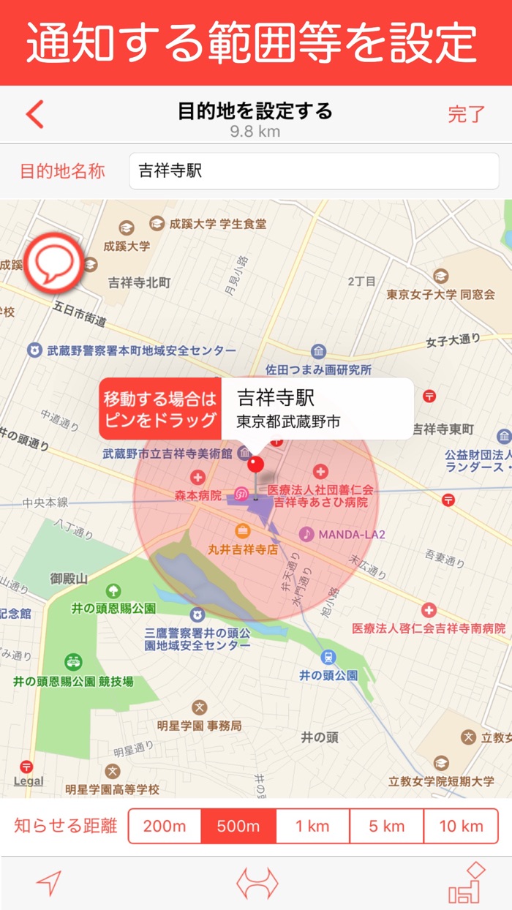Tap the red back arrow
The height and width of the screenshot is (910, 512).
(35, 114)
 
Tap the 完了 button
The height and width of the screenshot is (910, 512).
(467, 114)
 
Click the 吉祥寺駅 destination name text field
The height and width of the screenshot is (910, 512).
(314, 171)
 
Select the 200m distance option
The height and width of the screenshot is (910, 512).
(165, 827)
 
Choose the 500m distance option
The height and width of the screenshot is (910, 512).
(239, 827)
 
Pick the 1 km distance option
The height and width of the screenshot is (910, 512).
(312, 827)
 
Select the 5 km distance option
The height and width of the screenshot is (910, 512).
(386, 827)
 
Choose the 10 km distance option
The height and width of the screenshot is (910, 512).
(461, 827)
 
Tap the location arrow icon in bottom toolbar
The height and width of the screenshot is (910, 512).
(49, 884)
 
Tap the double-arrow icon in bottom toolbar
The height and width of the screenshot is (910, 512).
(257, 884)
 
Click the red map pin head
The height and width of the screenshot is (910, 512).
(256, 463)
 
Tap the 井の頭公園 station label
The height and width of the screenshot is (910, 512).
(328, 675)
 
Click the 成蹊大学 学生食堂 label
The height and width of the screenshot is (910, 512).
(217, 224)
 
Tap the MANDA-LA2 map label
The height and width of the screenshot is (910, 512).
(352, 535)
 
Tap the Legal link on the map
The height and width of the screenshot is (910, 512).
(29, 781)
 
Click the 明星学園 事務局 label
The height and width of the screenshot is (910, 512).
(199, 726)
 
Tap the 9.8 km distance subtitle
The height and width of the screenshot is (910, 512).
(255, 132)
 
